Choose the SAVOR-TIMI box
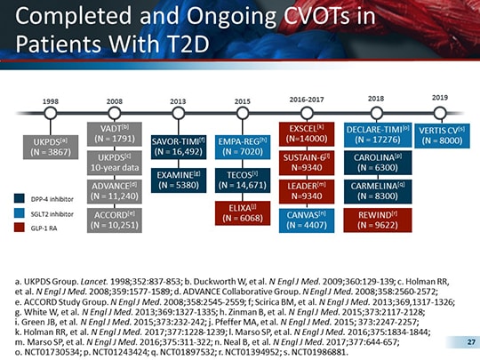point(178,147)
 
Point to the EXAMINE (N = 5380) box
point(178,180)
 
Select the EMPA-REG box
point(242,147)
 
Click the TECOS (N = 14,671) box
point(242,180)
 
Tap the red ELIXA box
point(242,212)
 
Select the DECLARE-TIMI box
point(374,134)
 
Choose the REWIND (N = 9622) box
point(374,220)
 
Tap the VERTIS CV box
point(440,134)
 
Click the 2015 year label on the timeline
point(242,101)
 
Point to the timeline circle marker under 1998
point(51,114)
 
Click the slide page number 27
point(458,341)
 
